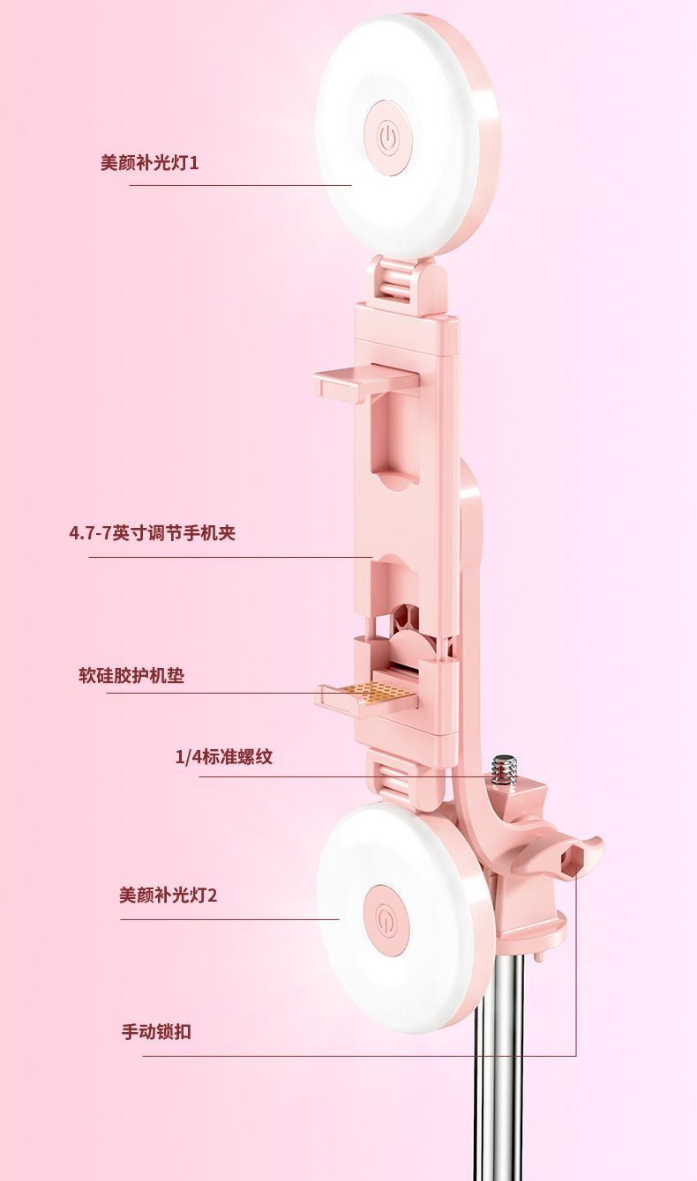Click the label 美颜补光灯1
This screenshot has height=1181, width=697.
coord(149,163)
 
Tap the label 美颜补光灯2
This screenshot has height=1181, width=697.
coord(168,895)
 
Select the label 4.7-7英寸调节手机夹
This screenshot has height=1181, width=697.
coord(152,533)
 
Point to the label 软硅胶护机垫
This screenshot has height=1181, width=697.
coord(131,676)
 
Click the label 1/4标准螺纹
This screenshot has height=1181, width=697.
coord(224,757)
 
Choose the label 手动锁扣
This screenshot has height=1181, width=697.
coord(156,1032)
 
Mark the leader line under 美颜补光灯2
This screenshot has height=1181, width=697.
coord(229,919)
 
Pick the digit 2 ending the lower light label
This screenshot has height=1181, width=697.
coord(212,896)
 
